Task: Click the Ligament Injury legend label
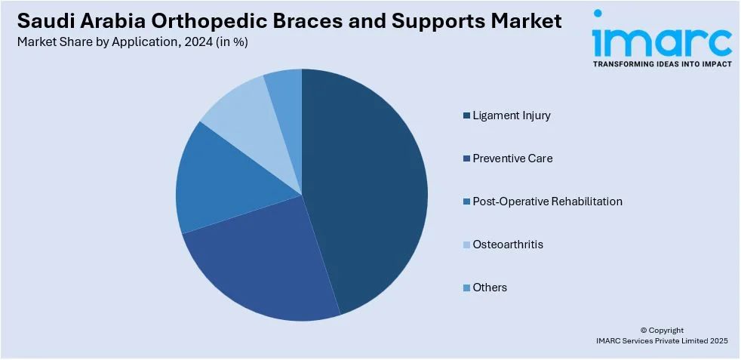[x=512, y=115]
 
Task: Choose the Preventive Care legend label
[x=512, y=158]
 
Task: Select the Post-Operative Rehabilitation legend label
[x=547, y=202]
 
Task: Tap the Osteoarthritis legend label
[x=508, y=245]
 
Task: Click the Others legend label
[x=490, y=288]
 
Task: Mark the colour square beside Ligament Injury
[x=467, y=115]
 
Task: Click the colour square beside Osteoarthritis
[x=467, y=245]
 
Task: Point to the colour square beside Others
[x=467, y=288]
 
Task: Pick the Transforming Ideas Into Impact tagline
[x=662, y=64]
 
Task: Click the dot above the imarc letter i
[x=598, y=14]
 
